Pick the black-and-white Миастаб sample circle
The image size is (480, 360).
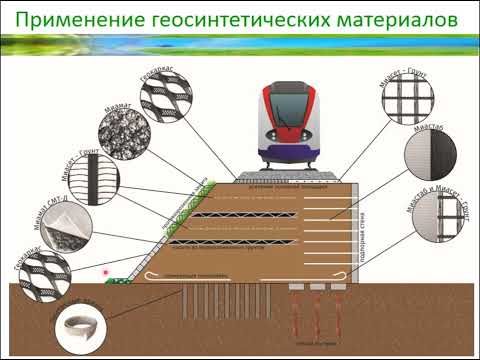coord(431,156)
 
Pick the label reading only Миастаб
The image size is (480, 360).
coord(422,127)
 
